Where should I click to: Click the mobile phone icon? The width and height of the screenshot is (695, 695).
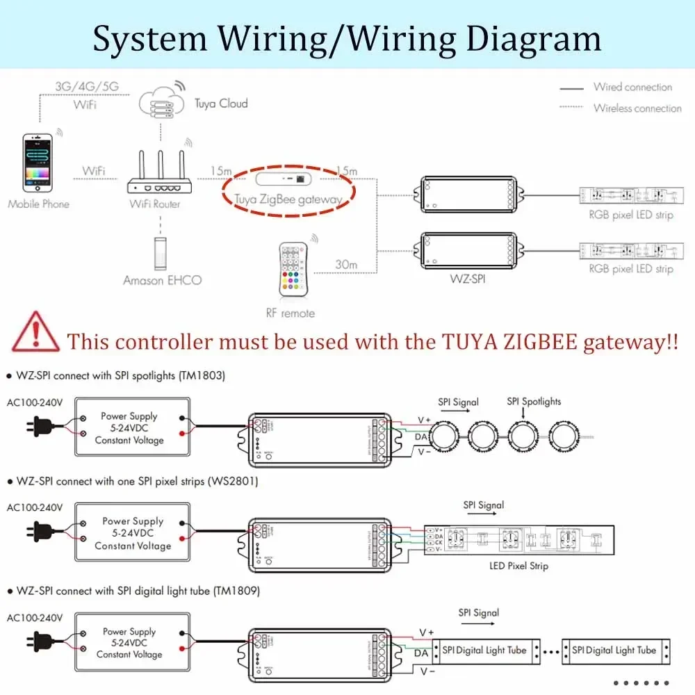point(38,163)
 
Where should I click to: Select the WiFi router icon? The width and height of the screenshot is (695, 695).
point(159,174)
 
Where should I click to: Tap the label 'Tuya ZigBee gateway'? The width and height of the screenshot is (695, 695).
point(288,199)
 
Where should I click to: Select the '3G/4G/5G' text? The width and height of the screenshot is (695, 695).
point(87,87)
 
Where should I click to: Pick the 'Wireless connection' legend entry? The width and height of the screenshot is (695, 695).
point(637,108)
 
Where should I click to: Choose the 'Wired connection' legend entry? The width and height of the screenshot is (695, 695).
point(632,88)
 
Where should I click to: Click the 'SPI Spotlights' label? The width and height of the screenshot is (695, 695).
point(533,402)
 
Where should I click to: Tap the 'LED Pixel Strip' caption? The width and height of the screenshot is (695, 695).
point(518,566)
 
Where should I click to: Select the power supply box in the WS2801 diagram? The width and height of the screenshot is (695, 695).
point(132,534)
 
